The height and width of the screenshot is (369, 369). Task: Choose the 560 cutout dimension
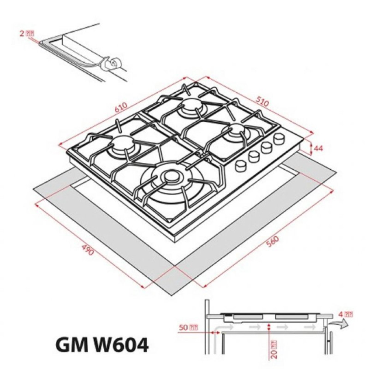tap(273, 242)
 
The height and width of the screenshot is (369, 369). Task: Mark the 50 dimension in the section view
tap(183, 327)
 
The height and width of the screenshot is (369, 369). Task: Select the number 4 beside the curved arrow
tap(341, 314)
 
